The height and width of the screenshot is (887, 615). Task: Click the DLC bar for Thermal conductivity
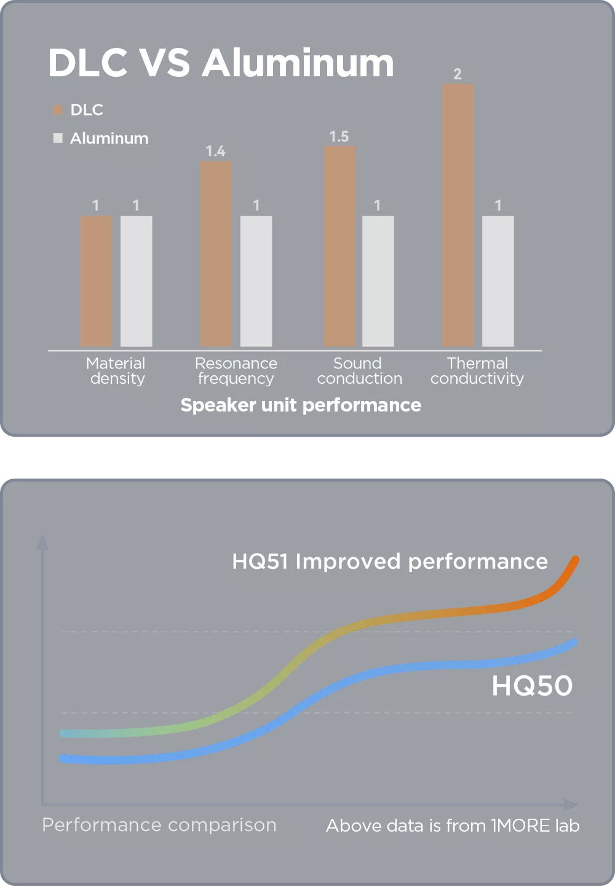[458, 215]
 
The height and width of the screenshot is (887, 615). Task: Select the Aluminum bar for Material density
[136, 281]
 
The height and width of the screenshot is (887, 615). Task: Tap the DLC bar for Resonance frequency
[216, 253]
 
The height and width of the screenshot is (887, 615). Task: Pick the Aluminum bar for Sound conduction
[378, 281]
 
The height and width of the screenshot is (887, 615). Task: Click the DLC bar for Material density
[96, 281]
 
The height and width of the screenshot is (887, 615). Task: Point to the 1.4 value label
[215, 151]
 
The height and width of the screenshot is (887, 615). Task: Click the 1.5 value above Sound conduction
[339, 137]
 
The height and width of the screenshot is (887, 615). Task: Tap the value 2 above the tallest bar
[458, 74]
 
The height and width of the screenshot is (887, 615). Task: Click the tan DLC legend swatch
[58, 110]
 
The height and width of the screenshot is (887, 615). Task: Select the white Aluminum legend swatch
[58, 138]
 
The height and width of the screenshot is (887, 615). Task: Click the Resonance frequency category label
[236, 371]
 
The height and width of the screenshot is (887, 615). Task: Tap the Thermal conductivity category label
[477, 371]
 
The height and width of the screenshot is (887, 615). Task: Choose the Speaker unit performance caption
[301, 405]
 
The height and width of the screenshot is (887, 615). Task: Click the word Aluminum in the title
[298, 63]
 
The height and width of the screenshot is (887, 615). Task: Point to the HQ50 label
[532, 686]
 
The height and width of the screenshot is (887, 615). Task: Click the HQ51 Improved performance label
[390, 562]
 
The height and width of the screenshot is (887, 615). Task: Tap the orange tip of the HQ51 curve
[574, 561]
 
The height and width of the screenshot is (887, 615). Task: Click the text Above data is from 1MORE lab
[453, 825]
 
